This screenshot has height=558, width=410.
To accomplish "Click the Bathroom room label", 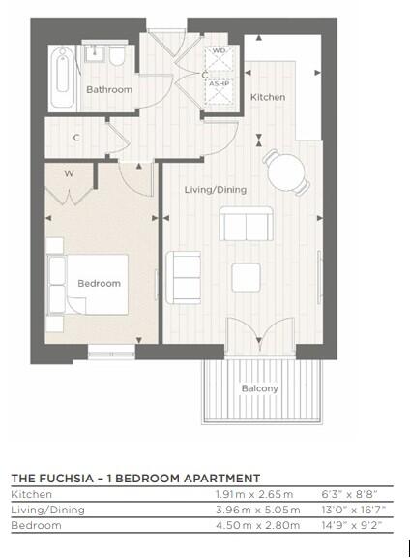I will tap(108, 89).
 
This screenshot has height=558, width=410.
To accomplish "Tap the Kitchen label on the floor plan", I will tap(268, 98).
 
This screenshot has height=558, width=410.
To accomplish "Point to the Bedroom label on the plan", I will tap(100, 283).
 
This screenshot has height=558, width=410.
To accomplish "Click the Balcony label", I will tap(259, 389).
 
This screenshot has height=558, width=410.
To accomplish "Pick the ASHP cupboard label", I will tap(219, 84).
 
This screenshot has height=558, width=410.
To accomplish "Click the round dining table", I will tap(285, 172).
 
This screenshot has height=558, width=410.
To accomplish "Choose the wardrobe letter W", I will tap(70, 174).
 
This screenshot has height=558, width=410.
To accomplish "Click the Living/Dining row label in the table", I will tap(47, 510).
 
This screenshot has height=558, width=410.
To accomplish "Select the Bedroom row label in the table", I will tap(36, 525).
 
